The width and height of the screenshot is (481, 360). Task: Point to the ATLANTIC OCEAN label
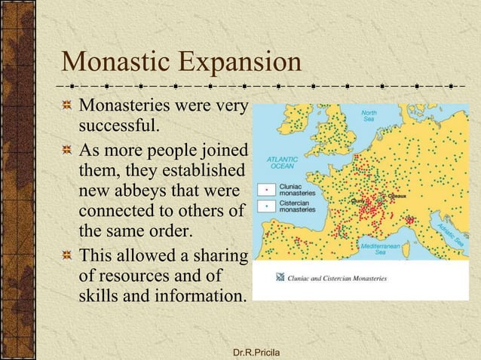(281, 163)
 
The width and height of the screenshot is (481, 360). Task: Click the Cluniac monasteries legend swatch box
(265, 189)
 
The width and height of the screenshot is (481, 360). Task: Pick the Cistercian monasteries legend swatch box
(265, 205)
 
